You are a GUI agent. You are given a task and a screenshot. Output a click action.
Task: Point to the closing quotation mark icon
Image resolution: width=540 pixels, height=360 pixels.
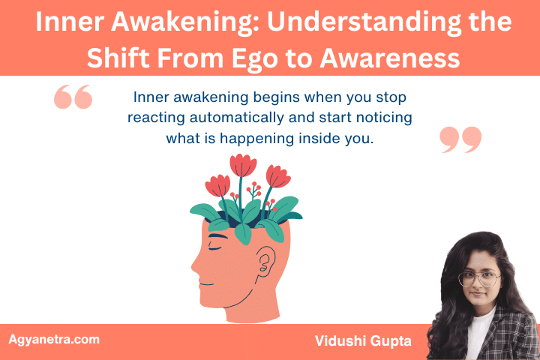point(460,139)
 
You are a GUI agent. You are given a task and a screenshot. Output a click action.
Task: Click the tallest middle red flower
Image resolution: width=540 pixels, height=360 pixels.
point(242,165)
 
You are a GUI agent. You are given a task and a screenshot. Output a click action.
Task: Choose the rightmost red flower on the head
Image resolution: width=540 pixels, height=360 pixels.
point(277,175)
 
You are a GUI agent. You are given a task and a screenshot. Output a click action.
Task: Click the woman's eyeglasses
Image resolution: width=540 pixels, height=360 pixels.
point(480,279)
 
